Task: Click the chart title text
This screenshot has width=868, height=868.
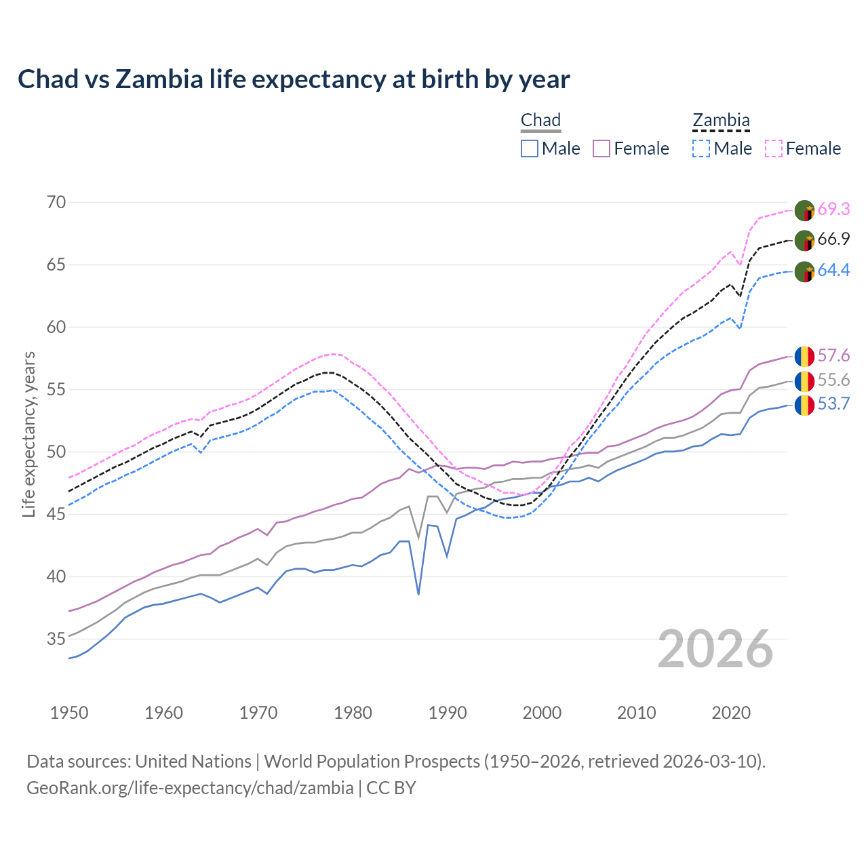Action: (x=294, y=79)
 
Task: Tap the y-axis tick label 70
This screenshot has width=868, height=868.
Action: (x=56, y=202)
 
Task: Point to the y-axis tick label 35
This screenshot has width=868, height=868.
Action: (x=56, y=639)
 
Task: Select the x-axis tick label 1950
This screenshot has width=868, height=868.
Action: (x=69, y=713)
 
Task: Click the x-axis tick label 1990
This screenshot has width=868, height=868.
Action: (x=448, y=713)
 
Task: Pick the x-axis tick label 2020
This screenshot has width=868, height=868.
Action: (x=731, y=713)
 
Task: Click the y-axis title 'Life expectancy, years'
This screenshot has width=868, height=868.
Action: (x=28, y=434)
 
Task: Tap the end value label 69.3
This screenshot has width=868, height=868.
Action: (x=833, y=210)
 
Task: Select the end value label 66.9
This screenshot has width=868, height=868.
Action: (x=833, y=239)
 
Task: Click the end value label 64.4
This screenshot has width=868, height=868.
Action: (x=833, y=271)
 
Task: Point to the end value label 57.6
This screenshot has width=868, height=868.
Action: (x=833, y=356)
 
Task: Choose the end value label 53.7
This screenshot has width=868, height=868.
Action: (x=833, y=405)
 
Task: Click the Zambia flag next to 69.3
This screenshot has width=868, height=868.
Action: (x=804, y=210)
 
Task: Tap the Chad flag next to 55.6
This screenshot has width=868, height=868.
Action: (x=804, y=381)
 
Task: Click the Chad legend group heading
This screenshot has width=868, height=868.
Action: (x=540, y=121)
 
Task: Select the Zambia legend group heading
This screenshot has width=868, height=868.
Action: (x=721, y=121)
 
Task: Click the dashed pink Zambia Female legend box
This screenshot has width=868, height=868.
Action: (x=774, y=149)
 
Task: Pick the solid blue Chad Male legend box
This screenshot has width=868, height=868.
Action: (x=530, y=149)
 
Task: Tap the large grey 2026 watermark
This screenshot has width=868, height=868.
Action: (x=715, y=649)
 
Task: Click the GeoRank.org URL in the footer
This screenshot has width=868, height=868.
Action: (x=190, y=788)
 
